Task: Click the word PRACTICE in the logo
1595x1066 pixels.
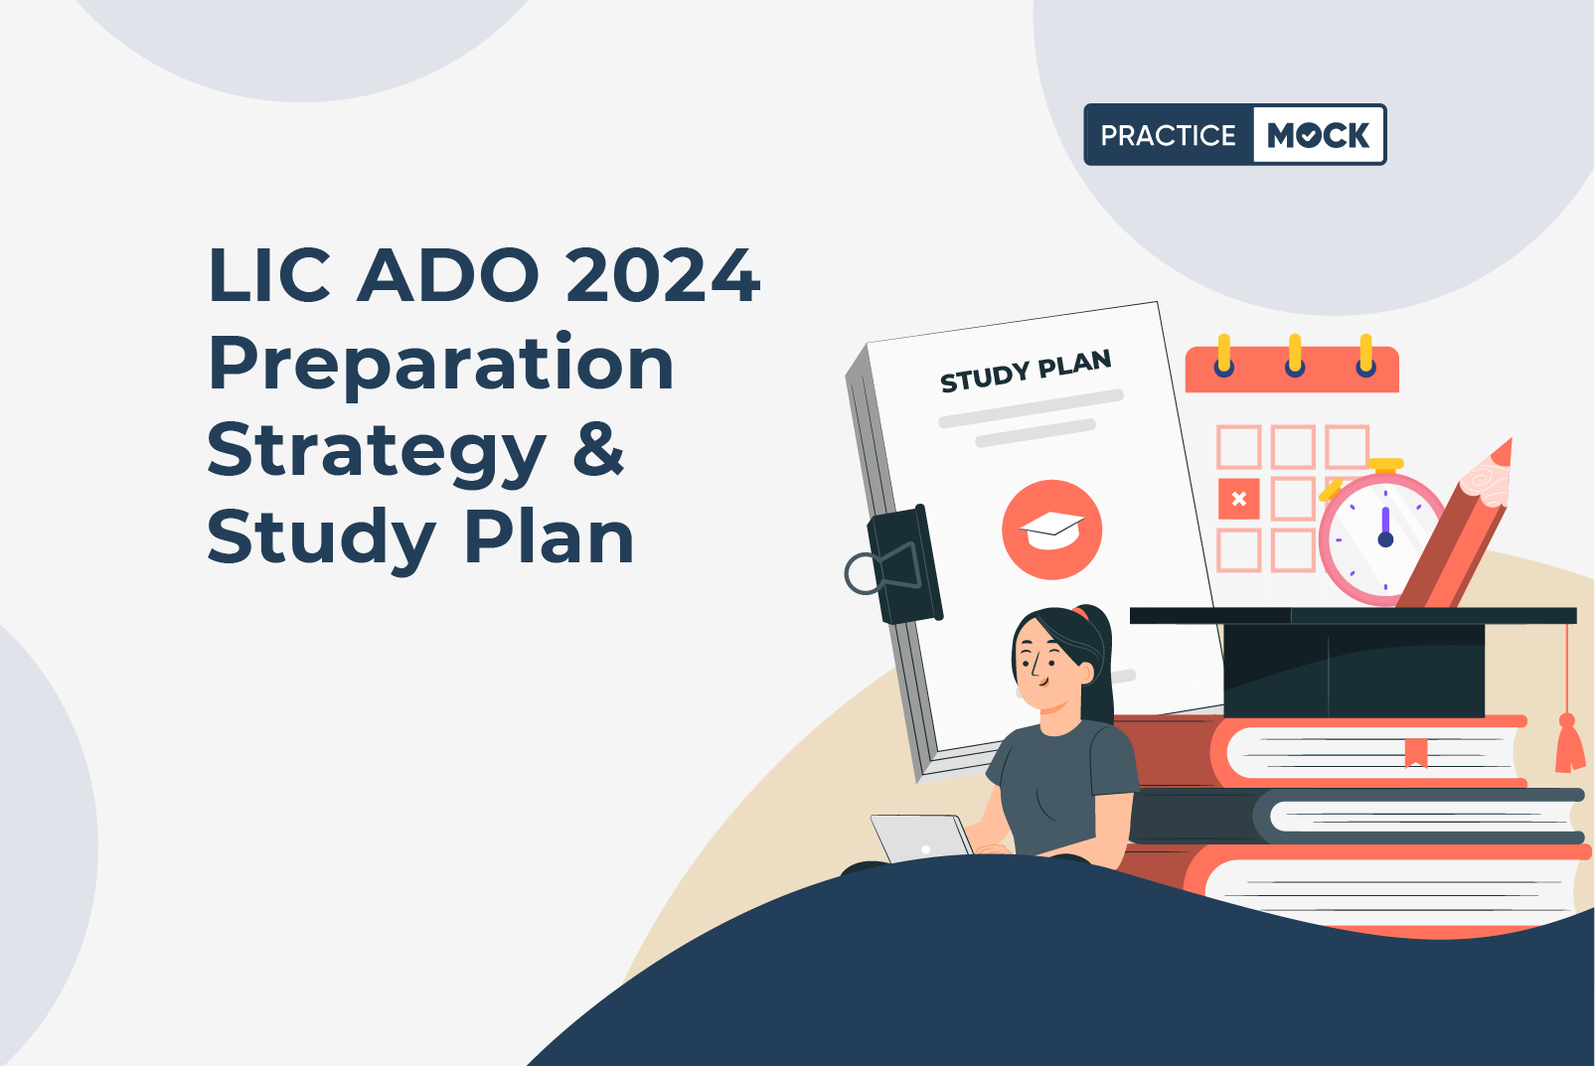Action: [x=1168, y=135]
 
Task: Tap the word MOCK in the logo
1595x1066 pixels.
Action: [x=1318, y=135]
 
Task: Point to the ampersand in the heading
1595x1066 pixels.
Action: [x=598, y=450]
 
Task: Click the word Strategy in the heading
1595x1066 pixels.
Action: [x=377, y=453]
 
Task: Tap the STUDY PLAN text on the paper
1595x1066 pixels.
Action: [x=1026, y=371]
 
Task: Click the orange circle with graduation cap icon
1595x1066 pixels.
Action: [x=1051, y=530]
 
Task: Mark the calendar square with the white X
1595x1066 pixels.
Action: [x=1239, y=499]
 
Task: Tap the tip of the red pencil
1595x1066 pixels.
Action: [x=1511, y=440]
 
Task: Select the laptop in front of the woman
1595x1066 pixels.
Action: [x=921, y=838]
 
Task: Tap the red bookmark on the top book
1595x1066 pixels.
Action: [x=1415, y=753]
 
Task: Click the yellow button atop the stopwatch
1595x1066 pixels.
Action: [x=1385, y=465]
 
